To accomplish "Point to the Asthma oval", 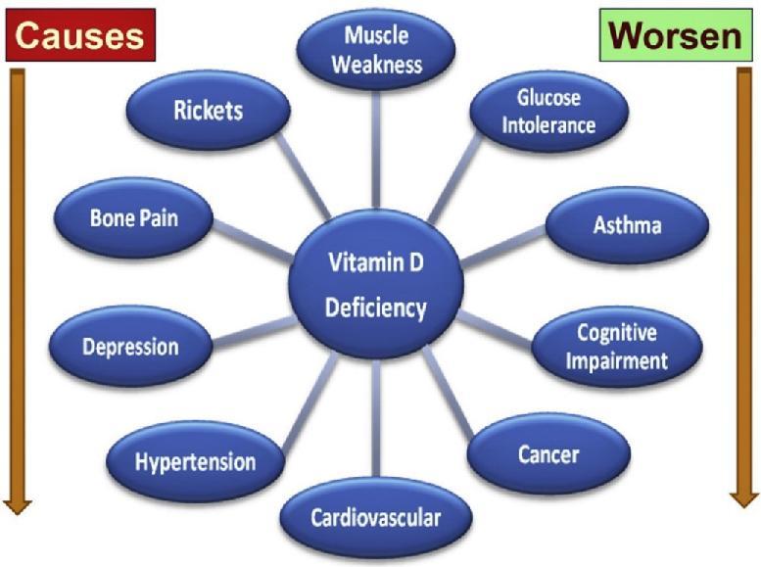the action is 627,225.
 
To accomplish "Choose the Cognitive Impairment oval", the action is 616,347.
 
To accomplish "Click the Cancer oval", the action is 547,453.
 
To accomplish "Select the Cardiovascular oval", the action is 375,517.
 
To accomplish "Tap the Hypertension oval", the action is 195,461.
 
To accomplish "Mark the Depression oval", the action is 130,347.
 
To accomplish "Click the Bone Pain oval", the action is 133,217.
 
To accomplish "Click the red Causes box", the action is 80,35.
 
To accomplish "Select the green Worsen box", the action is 671,37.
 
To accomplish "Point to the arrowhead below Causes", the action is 17,504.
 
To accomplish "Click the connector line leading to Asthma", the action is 503,245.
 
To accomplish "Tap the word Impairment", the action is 617,360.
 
